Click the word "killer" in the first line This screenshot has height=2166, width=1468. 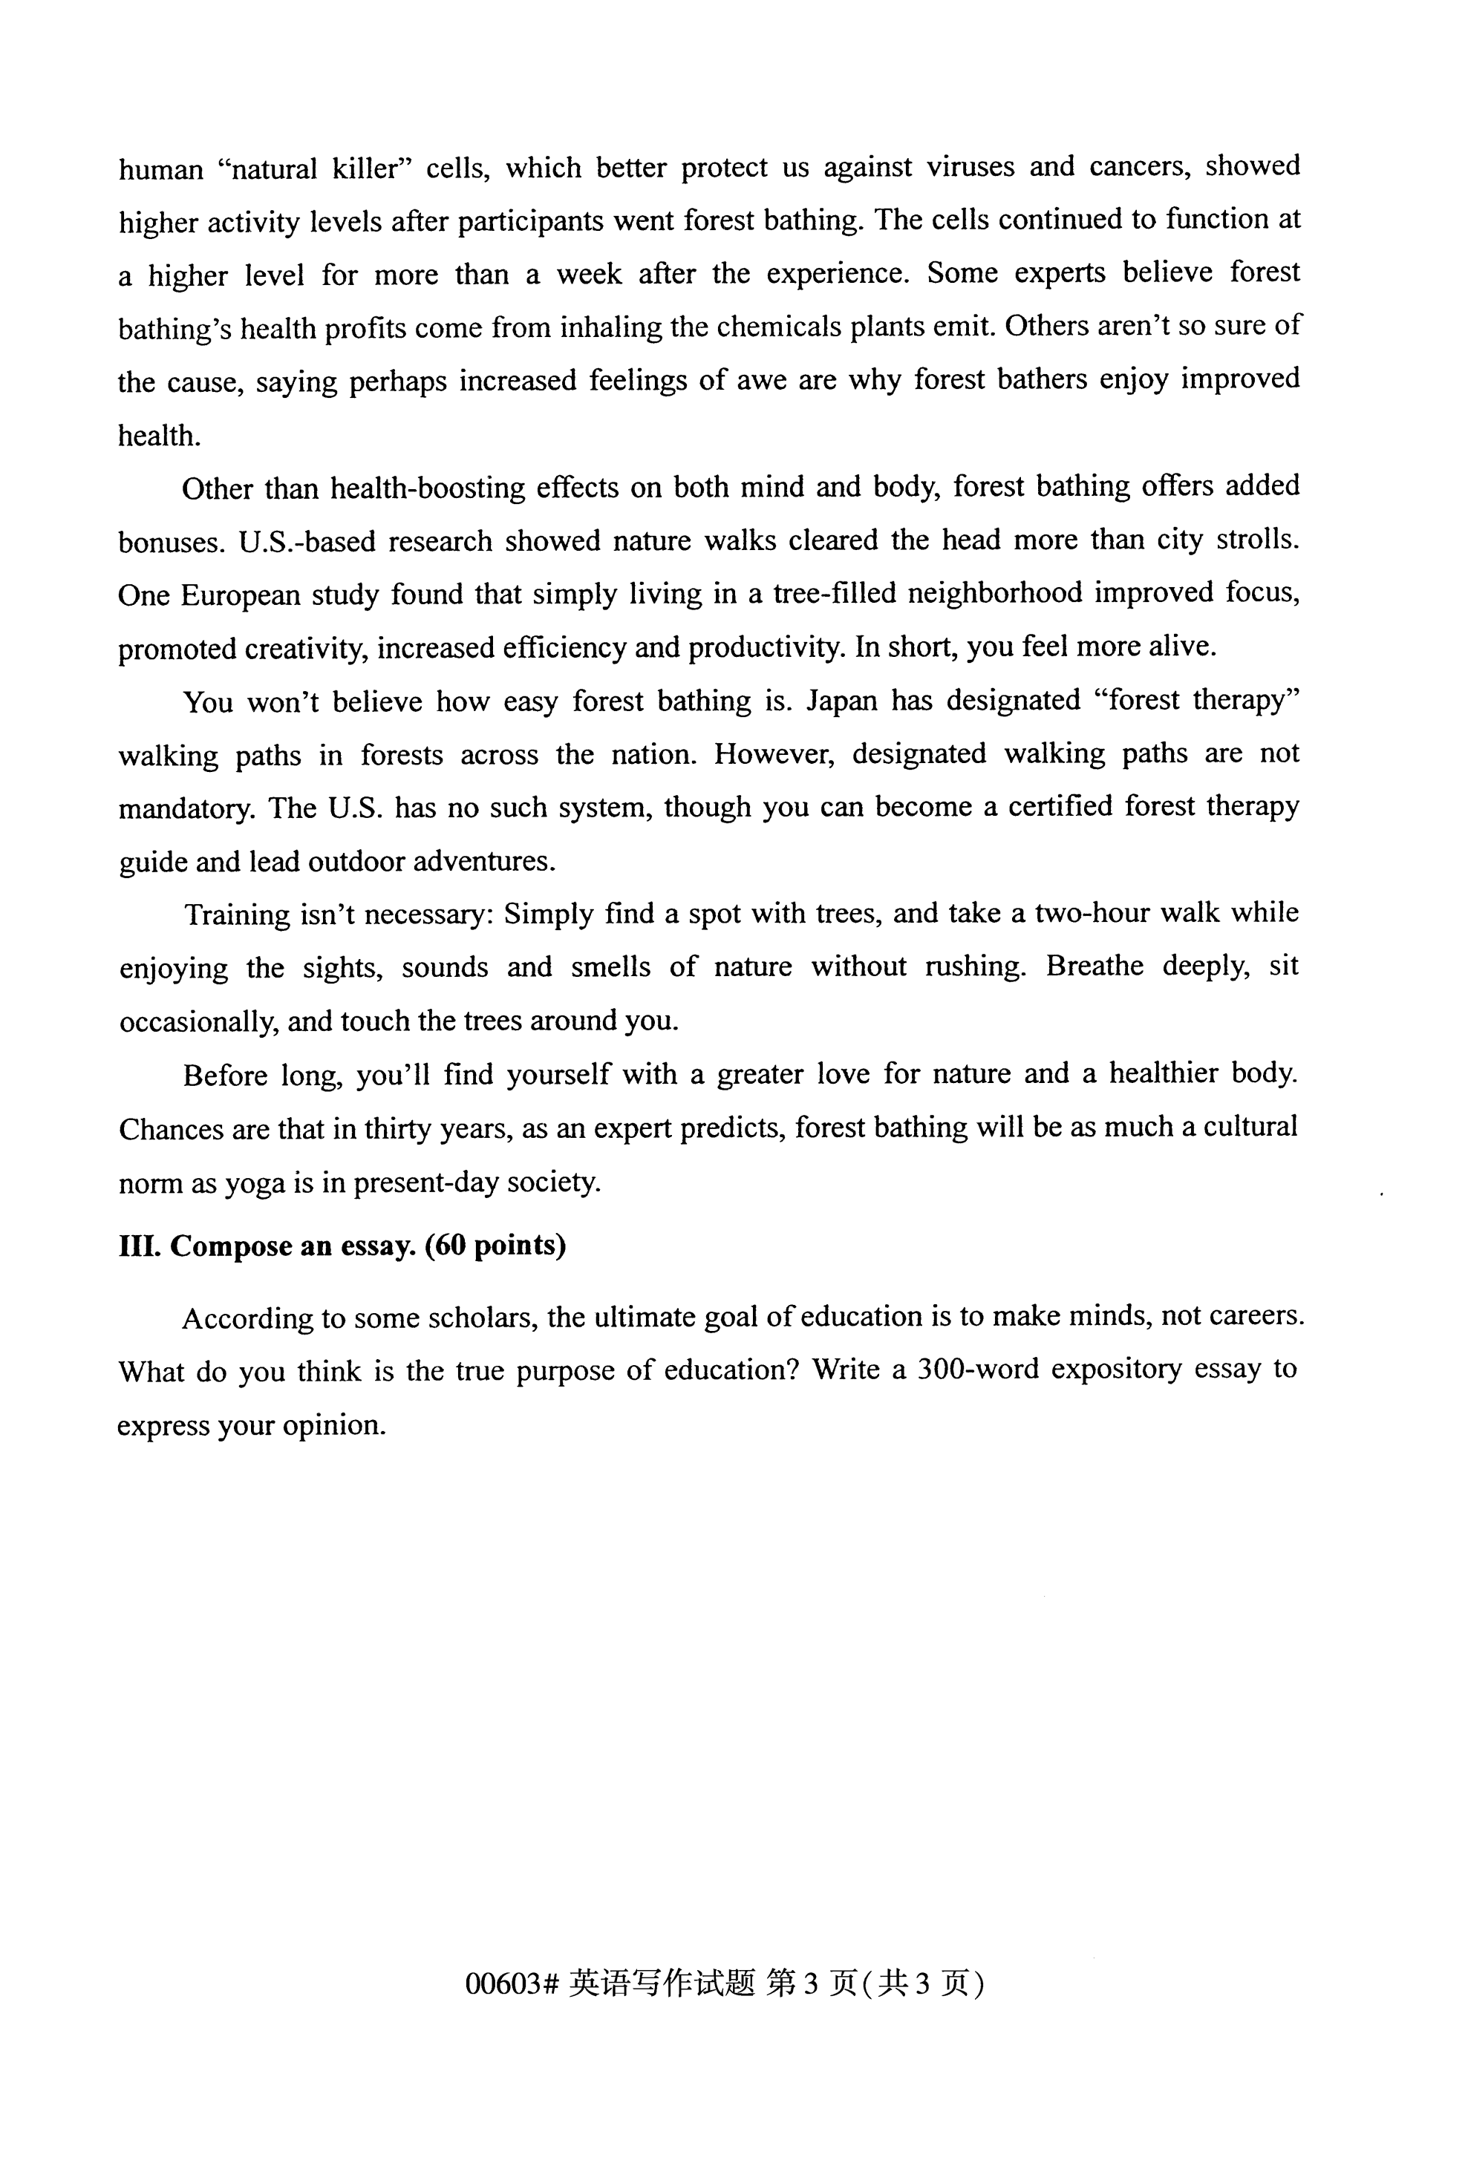point(372,170)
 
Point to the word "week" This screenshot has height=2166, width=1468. point(589,275)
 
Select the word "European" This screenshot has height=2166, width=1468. point(240,595)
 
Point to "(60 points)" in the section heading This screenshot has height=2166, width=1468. point(495,1246)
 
